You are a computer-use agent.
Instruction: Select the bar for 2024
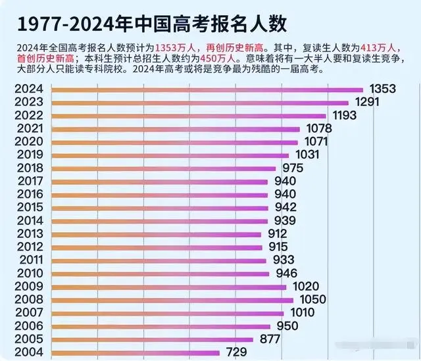coord(207,89)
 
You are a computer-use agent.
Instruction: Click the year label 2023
coord(30,103)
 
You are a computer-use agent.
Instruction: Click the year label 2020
coord(30,141)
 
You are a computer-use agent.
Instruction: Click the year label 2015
coord(30,207)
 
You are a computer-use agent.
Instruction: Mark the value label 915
coord(278,247)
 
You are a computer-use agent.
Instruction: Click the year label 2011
coord(30,260)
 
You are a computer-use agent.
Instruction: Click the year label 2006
coord(30,326)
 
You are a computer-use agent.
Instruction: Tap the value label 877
coord(270,339)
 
